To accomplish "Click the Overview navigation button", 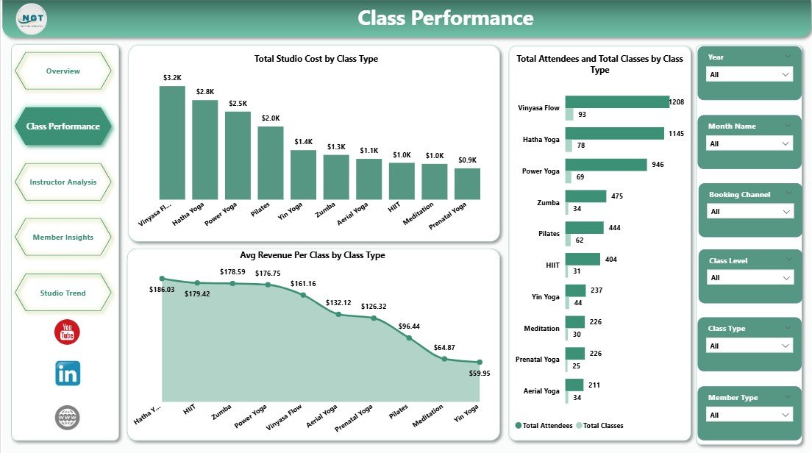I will pos(63,71).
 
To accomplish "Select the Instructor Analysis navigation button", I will pos(63,182).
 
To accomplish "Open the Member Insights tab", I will pos(63,238).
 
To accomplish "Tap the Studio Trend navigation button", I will pos(63,293).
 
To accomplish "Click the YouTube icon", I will pos(67,332).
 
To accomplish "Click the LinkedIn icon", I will pos(68,374).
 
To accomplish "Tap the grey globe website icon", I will pos(67,418).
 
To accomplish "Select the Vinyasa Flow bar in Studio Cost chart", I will pos(172,143).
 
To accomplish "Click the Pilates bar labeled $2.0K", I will pos(271,163).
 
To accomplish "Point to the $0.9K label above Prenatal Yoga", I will pos(467,160).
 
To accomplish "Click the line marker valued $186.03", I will pos(163,279).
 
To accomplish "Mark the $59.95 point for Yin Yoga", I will pos(480,362).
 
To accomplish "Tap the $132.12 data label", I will pos(338,303).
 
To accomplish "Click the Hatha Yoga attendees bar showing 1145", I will pos(614,133).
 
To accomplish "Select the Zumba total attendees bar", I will pos(585,196).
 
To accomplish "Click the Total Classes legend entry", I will pos(599,426).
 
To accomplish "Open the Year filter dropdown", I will pos(749,74).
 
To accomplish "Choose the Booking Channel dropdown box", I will pos(749,212).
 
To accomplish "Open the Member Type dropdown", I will pos(749,415).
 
